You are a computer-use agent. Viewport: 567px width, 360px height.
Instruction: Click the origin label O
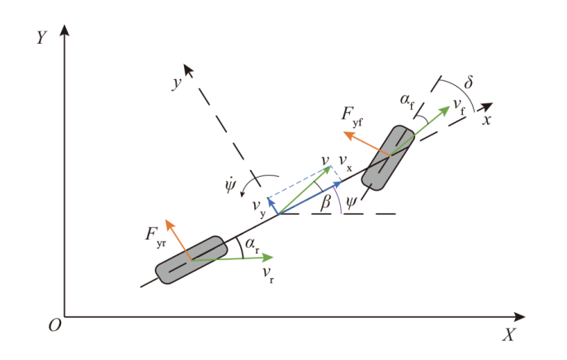[55, 325]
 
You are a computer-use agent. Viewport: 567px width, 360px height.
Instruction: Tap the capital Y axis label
[42, 37]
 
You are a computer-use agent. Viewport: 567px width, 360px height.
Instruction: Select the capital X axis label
[508, 334]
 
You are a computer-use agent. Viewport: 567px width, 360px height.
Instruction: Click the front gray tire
[388, 158]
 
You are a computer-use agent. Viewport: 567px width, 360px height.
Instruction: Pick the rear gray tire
[191, 260]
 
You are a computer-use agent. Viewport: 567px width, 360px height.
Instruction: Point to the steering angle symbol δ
[468, 82]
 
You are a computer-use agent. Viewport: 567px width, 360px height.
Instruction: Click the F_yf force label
[352, 116]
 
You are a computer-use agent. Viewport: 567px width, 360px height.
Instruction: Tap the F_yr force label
[155, 236]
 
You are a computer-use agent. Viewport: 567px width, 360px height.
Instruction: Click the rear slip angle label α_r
[252, 244]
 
